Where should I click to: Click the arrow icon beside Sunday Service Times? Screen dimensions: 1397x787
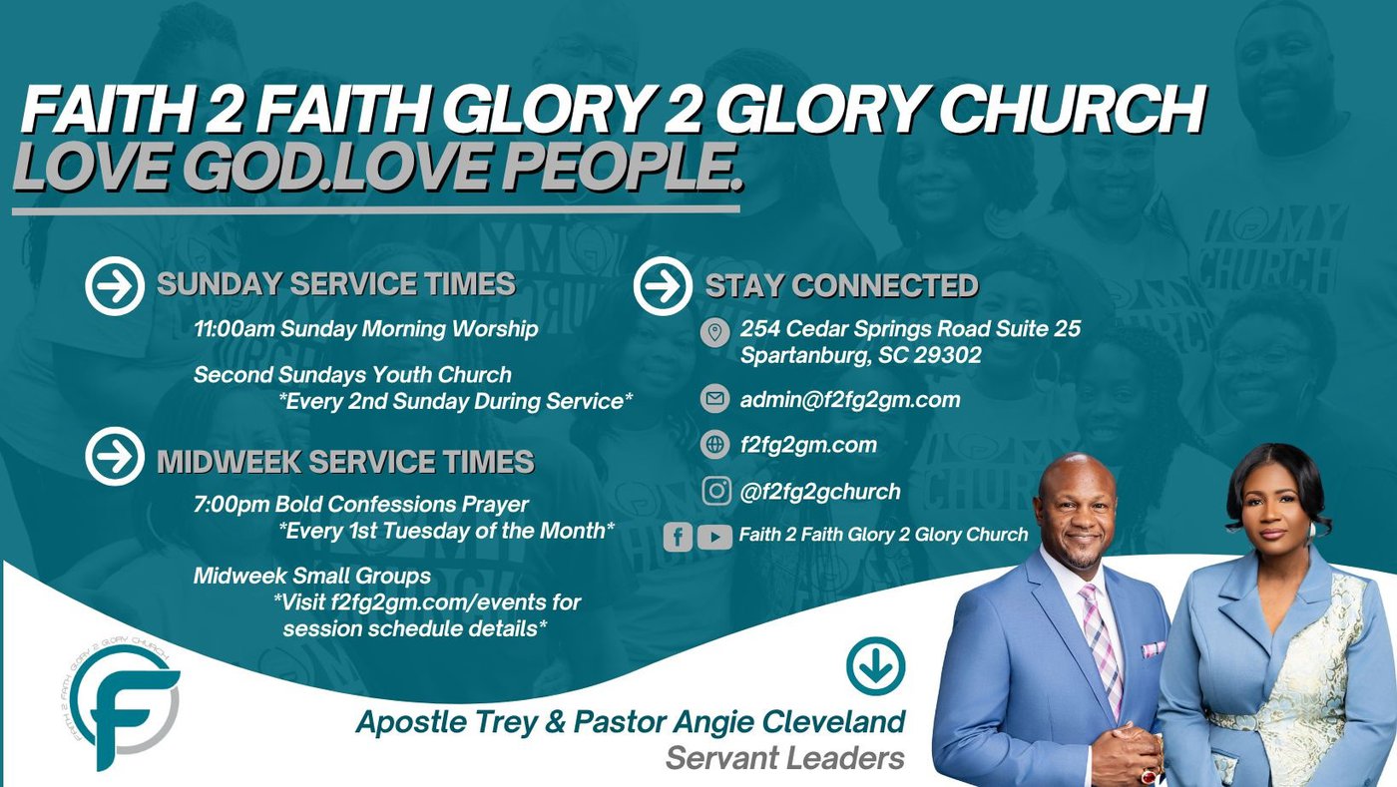point(115,285)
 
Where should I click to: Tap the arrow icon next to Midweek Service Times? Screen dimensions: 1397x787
point(115,457)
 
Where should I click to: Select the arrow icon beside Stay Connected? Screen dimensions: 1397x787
point(663,285)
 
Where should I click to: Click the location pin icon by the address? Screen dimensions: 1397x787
point(714,332)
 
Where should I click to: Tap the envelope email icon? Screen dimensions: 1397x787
point(714,399)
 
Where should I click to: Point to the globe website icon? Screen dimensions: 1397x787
point(714,444)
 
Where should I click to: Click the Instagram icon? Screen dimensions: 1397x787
point(716,490)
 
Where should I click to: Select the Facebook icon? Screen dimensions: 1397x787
point(678,537)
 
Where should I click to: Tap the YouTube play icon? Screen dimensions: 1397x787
point(714,537)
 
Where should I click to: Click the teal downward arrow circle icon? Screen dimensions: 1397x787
point(876,665)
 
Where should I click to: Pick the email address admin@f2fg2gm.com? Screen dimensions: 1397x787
point(850,400)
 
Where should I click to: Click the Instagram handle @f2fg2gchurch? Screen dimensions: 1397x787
point(820,492)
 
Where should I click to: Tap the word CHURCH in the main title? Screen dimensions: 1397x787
point(1072,111)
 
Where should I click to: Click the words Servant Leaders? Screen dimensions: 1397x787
point(785,758)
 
